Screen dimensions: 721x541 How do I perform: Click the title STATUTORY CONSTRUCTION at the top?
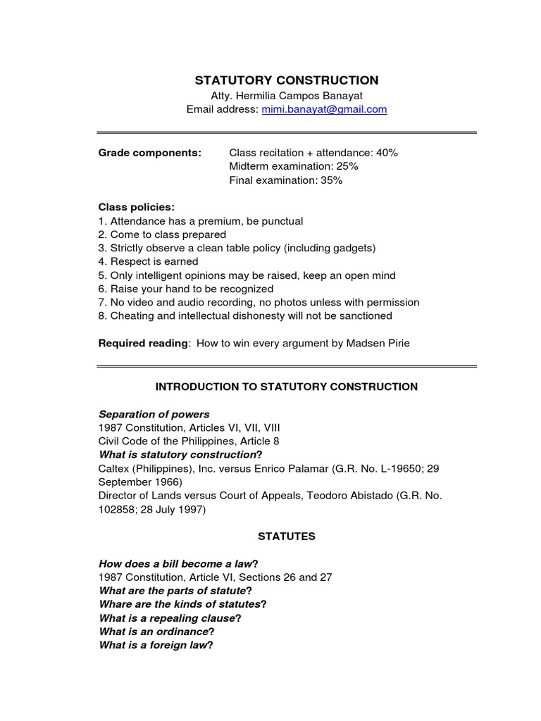287,80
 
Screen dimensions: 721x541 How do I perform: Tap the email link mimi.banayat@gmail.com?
324,109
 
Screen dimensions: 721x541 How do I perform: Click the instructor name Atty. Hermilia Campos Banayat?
287,95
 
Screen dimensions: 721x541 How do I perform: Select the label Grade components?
149,153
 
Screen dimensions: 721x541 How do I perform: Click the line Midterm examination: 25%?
294,166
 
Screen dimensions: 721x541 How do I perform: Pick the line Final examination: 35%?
286,180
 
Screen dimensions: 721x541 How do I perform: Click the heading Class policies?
137,207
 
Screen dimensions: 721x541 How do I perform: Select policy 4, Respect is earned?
148,261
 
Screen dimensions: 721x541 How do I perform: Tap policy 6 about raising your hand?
185,289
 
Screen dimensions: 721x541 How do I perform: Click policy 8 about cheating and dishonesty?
245,315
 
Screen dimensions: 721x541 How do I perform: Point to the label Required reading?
143,343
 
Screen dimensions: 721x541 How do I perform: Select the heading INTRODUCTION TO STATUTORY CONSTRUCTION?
287,387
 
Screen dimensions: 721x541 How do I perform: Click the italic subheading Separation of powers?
154,414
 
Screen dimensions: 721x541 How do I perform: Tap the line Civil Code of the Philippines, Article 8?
189,441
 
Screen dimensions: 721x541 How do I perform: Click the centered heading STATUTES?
287,536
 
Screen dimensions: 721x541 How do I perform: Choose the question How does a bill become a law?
178,563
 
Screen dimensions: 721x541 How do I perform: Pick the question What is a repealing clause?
170,617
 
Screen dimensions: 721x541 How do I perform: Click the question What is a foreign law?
156,644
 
